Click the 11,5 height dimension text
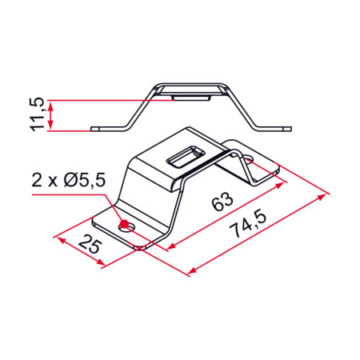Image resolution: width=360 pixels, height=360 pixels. coord(37,114)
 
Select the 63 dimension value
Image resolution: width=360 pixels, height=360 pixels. coord(222,202)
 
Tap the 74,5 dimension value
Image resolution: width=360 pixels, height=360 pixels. coord(248,224)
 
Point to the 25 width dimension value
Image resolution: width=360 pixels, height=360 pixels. coord(90,244)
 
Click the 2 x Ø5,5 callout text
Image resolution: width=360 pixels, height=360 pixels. coord(69,180)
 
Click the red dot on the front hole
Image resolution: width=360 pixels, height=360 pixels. coord(124,224)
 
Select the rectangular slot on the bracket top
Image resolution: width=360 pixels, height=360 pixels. coord(186,157)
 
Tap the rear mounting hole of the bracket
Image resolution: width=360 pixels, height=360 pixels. coord(249,159)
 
